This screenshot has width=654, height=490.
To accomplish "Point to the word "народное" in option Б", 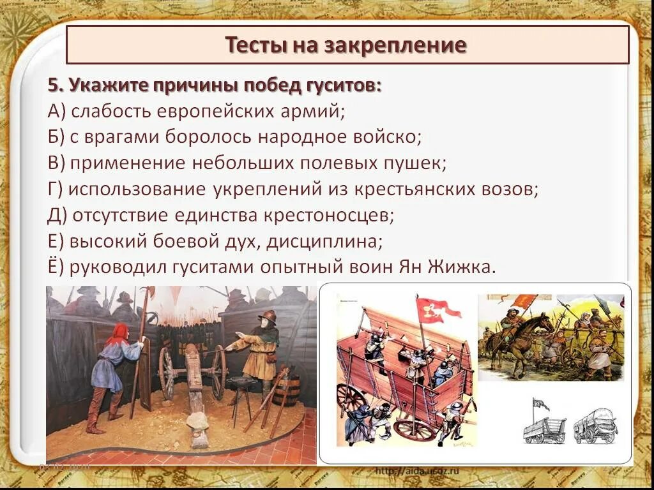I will point(308,137).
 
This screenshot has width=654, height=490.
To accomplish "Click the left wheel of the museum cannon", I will point(167,373).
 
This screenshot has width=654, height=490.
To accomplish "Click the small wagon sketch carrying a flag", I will point(544,424).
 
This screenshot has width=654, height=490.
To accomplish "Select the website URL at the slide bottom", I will point(417,471).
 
